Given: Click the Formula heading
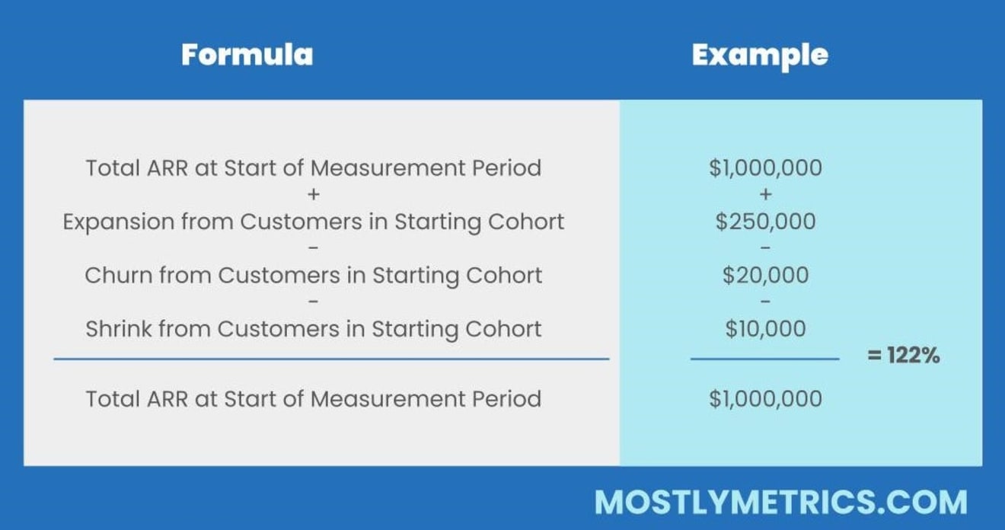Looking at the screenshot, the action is click(247, 55).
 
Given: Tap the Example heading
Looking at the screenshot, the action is click(760, 56).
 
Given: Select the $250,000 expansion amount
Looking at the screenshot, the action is click(765, 222).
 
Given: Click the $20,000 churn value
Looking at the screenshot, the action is click(765, 275).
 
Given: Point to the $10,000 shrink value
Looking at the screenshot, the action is click(765, 328).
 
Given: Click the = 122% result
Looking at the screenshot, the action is click(904, 355).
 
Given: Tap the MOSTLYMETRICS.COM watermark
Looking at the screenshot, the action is click(781, 502).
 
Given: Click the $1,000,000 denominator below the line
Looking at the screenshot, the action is click(765, 398).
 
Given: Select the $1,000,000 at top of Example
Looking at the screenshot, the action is click(765, 168).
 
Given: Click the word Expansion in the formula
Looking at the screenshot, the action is click(119, 222).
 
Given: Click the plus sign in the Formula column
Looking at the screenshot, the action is click(314, 194).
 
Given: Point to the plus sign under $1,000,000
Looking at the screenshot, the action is click(766, 194).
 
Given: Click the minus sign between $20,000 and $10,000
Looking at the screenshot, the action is click(766, 301).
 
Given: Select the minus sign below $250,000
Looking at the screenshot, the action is click(766, 247).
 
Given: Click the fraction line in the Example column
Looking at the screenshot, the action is click(765, 359).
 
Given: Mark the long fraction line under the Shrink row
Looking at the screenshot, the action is click(331, 359).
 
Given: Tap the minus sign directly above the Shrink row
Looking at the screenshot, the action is click(314, 301).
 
